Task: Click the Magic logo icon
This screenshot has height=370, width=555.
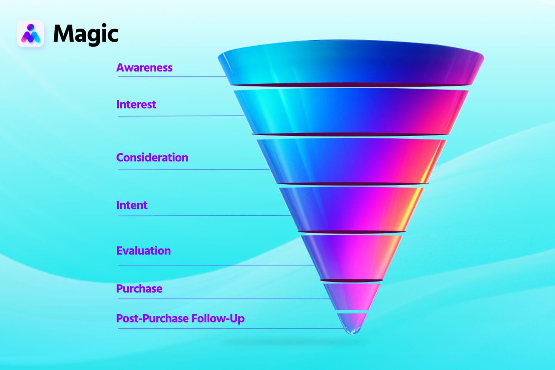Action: point(31,34)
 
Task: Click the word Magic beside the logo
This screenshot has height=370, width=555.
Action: point(85,34)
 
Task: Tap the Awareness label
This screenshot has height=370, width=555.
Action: point(144,68)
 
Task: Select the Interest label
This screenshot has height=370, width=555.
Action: point(136,105)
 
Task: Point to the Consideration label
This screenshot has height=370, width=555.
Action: point(152,158)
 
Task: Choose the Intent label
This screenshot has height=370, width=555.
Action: point(132,205)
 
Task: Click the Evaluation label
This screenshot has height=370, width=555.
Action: point(144,251)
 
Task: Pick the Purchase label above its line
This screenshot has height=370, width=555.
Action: point(139,289)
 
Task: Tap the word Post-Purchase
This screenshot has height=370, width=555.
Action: point(152,319)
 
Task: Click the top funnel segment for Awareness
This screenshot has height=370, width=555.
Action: point(351,63)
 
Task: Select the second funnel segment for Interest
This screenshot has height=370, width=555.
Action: point(351,111)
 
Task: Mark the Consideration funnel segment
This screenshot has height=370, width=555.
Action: point(351,161)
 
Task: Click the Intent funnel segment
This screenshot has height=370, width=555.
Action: point(351,209)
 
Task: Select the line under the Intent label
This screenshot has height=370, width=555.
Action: point(203,215)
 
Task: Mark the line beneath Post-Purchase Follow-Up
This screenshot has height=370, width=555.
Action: point(229,328)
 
